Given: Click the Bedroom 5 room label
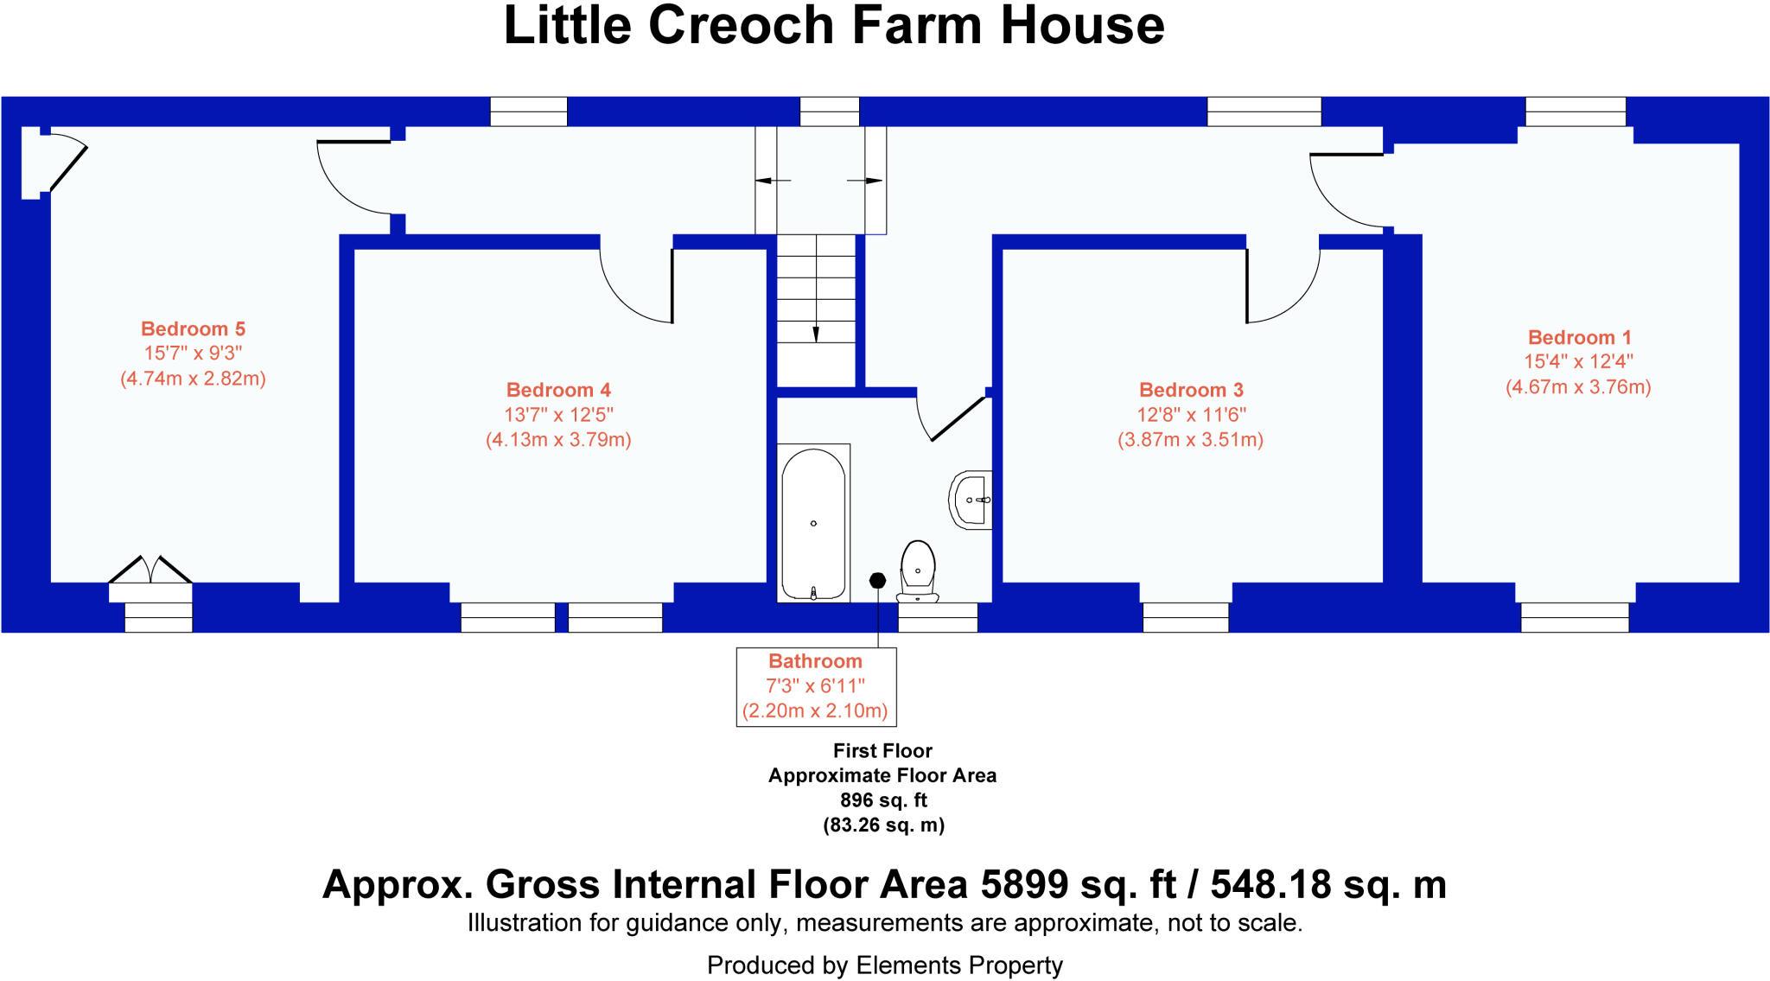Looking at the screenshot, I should (193, 329).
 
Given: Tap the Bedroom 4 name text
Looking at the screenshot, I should (558, 390).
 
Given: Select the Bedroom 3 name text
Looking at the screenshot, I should (1191, 390).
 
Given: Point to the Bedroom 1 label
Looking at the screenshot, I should (1579, 338).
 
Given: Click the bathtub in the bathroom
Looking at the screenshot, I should (813, 522).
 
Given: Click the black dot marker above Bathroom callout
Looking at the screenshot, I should (877, 580).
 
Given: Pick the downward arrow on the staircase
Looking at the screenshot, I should (816, 334).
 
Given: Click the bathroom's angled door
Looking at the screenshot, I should (957, 419).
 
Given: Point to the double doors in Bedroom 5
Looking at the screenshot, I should (150, 570).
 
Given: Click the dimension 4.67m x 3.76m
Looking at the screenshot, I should (1578, 387).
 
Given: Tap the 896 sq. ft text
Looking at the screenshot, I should (883, 800).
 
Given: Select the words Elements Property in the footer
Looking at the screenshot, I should (959, 965).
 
